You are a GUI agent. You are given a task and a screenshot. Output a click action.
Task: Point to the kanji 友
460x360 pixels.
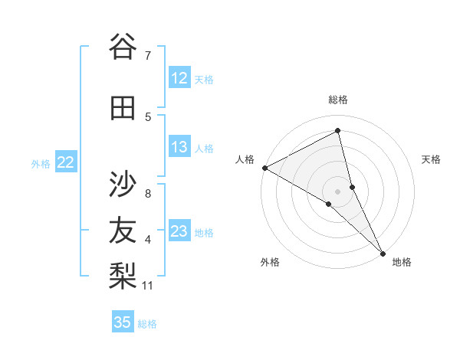pyautogui.click(x=123, y=230)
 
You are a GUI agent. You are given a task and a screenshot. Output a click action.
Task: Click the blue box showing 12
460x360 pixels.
pyautogui.click(x=179, y=78)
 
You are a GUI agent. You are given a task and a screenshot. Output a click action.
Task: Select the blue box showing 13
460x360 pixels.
pyautogui.click(x=179, y=147)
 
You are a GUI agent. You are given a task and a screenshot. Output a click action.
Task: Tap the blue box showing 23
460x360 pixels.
pyautogui.click(x=179, y=231)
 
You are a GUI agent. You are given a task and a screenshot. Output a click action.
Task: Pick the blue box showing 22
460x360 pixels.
pyautogui.click(x=66, y=162)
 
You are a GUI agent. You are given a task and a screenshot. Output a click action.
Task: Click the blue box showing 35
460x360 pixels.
pyautogui.click(x=123, y=322)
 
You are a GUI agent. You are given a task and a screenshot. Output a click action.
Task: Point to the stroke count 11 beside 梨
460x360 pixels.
pyautogui.click(x=149, y=286)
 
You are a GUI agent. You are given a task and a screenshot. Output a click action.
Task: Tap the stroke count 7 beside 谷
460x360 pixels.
pyautogui.click(x=148, y=55)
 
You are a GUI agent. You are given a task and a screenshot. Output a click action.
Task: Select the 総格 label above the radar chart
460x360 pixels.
pyautogui.click(x=338, y=100)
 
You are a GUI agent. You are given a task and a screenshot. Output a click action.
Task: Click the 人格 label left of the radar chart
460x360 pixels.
pyautogui.click(x=245, y=159)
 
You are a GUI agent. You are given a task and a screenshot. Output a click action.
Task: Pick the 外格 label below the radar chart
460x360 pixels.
pyautogui.click(x=270, y=262)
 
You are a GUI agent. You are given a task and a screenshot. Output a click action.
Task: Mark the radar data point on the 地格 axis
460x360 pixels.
pyautogui.click(x=383, y=252)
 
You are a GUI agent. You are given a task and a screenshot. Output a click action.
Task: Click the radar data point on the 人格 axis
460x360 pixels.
pyautogui.click(x=264, y=167)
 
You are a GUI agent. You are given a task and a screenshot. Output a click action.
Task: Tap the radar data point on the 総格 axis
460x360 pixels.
pyautogui.click(x=338, y=131)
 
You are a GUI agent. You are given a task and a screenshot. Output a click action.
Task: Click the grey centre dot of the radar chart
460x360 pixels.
pyautogui.click(x=338, y=191)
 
